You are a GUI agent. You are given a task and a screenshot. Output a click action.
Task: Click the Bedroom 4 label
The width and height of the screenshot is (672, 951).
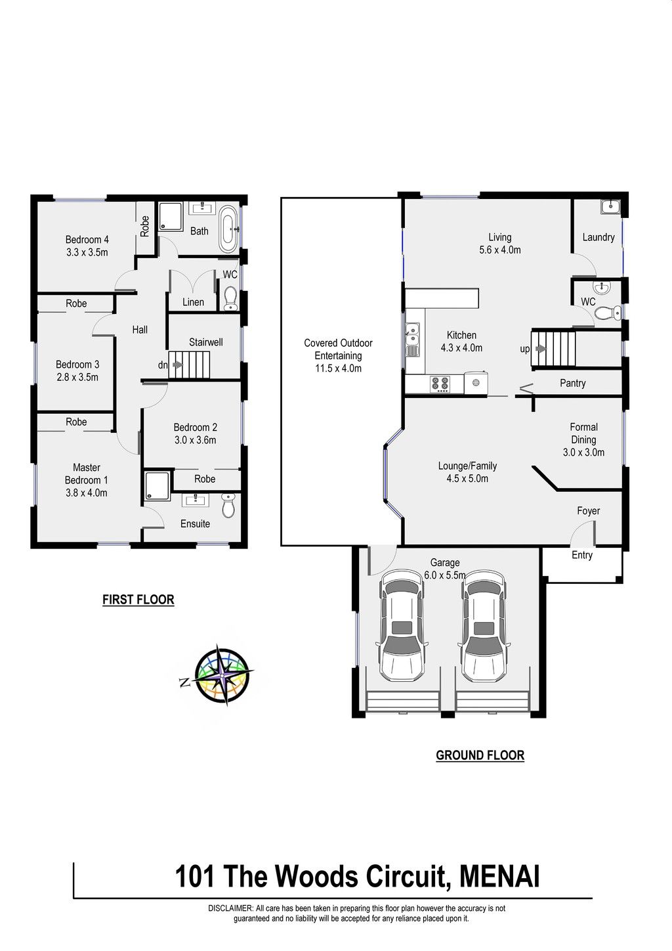(x=87, y=240)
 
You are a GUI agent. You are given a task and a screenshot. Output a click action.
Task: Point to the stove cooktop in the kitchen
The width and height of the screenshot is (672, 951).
(x=440, y=385)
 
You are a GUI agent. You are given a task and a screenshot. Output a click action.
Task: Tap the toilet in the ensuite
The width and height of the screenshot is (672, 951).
(x=228, y=506)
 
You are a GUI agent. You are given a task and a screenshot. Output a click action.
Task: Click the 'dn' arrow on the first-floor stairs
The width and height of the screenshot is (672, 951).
(x=177, y=365)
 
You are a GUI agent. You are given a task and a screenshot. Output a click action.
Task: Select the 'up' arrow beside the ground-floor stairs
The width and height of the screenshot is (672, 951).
(x=541, y=349)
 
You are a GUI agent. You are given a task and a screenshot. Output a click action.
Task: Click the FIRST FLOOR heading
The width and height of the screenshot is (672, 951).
(x=138, y=600)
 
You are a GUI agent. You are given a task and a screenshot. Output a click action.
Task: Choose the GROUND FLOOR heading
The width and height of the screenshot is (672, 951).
(x=480, y=755)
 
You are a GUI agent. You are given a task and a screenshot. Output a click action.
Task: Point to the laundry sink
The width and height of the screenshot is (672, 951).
(x=610, y=207)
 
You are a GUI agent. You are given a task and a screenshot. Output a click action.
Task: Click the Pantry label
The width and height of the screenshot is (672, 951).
(x=573, y=383)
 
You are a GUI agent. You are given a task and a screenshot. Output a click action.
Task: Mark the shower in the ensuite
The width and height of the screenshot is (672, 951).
(x=157, y=487)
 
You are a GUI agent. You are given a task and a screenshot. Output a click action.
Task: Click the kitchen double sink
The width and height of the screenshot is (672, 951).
(x=412, y=334)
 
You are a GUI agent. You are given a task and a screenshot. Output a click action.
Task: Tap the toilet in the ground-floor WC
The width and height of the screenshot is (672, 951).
(x=607, y=313)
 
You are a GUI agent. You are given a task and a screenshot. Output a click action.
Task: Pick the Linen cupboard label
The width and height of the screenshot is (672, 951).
(x=193, y=302)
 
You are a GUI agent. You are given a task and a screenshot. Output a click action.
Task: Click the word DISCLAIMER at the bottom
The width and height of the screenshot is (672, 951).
(x=230, y=917)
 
